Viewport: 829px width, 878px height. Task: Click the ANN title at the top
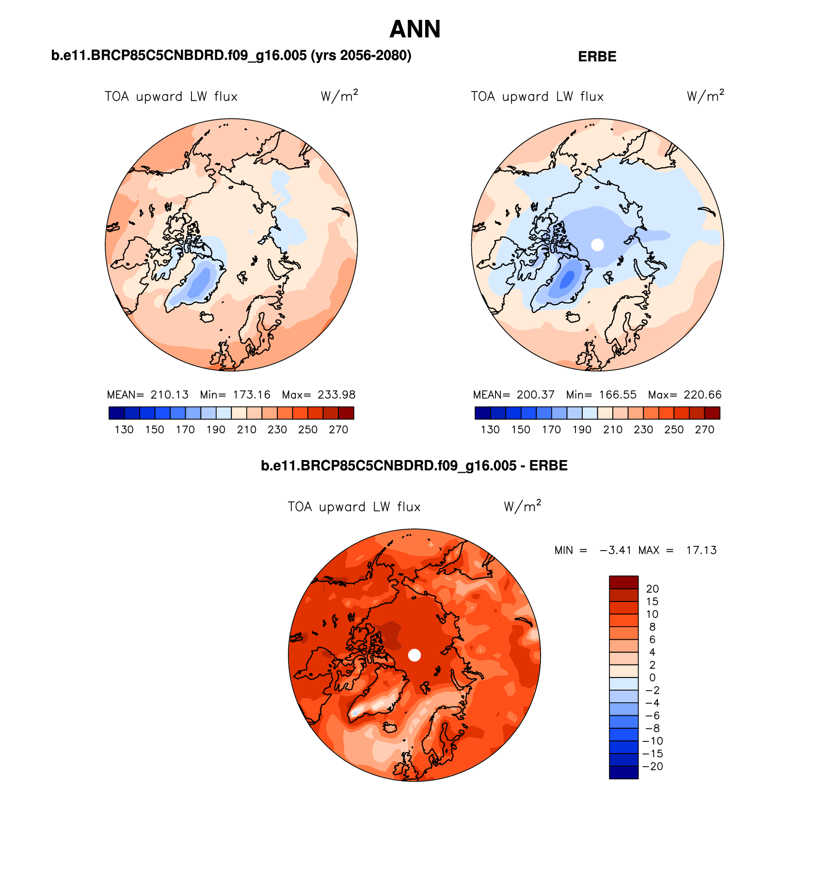pyautogui.click(x=414, y=29)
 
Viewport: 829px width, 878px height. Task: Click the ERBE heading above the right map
pyautogui.click(x=597, y=57)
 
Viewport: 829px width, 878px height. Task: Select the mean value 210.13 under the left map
pyautogui.click(x=169, y=395)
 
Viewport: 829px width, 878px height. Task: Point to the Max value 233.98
pyautogui.click(x=336, y=395)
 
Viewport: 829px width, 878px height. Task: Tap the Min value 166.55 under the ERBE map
pyautogui.click(x=618, y=395)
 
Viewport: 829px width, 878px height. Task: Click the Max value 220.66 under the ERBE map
pyautogui.click(x=702, y=395)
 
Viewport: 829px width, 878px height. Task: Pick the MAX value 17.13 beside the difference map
pyautogui.click(x=701, y=550)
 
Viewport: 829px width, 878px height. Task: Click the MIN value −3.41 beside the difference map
pyautogui.click(x=615, y=550)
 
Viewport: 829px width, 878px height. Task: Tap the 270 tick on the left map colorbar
pyautogui.click(x=338, y=430)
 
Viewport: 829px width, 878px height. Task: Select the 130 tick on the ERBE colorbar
pyautogui.click(x=490, y=430)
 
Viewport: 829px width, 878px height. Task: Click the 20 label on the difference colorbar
pyautogui.click(x=652, y=589)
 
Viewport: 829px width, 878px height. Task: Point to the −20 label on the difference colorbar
pyautogui.click(x=653, y=767)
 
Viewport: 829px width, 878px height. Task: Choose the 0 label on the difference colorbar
pyautogui.click(x=652, y=678)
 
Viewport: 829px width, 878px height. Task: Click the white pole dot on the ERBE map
pyautogui.click(x=597, y=245)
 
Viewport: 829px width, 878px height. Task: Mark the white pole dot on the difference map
pyautogui.click(x=414, y=655)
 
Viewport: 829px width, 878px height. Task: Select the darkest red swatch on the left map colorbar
pyautogui.click(x=346, y=413)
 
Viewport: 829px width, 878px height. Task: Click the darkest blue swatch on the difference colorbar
pyautogui.click(x=623, y=772)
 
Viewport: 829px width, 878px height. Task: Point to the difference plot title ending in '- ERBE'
pyautogui.click(x=414, y=466)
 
